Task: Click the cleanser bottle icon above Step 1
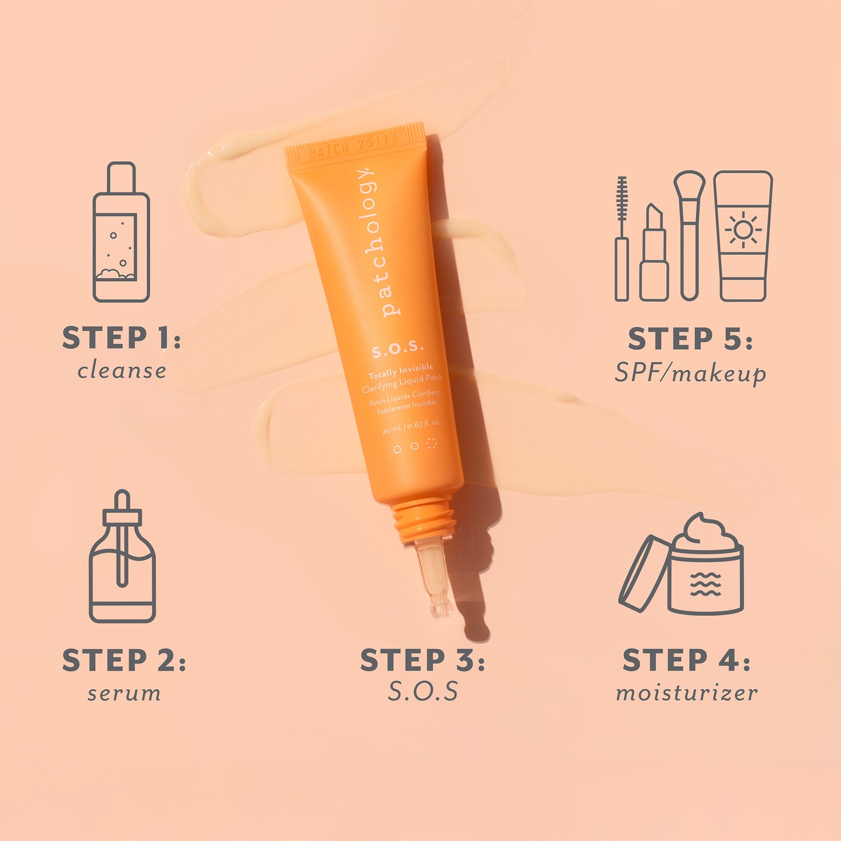pos(121,233)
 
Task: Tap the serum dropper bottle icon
pos(122,559)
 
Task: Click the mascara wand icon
pos(622,239)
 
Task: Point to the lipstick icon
pos(654,253)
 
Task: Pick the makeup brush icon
pos(689,233)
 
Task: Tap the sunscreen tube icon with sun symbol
pos(743,236)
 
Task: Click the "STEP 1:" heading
pos(121,338)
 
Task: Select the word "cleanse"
pos(122,371)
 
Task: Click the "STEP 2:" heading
pos(123,661)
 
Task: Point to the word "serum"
pos(124,693)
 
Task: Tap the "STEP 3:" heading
pos(422,661)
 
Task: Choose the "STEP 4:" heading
pos(686,661)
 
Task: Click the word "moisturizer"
pos(687,693)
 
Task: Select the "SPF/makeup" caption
pos(690,373)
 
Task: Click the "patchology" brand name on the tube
pos(378,242)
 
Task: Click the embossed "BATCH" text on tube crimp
pos(329,150)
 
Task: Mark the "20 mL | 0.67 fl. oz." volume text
pos(411,427)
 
